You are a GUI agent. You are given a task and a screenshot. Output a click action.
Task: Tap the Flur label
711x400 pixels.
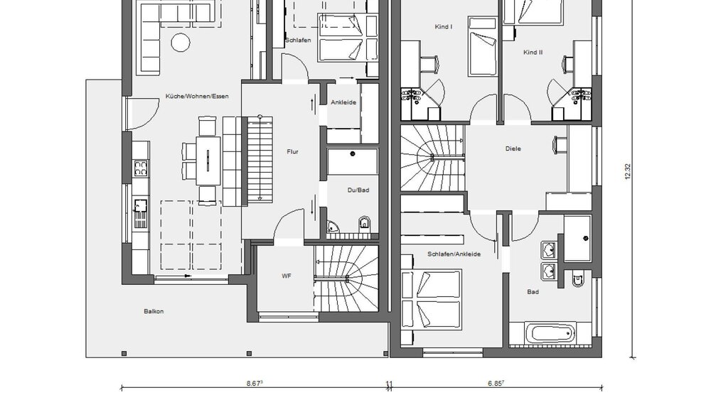(292, 151)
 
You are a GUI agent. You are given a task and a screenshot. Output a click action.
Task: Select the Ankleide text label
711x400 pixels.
(343, 102)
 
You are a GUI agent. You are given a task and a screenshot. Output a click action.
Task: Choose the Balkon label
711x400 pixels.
(153, 310)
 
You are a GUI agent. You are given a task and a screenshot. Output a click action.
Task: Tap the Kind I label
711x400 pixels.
(443, 26)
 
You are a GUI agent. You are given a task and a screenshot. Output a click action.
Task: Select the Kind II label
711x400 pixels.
(533, 53)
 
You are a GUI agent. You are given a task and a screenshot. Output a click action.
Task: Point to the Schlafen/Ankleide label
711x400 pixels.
(454, 254)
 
